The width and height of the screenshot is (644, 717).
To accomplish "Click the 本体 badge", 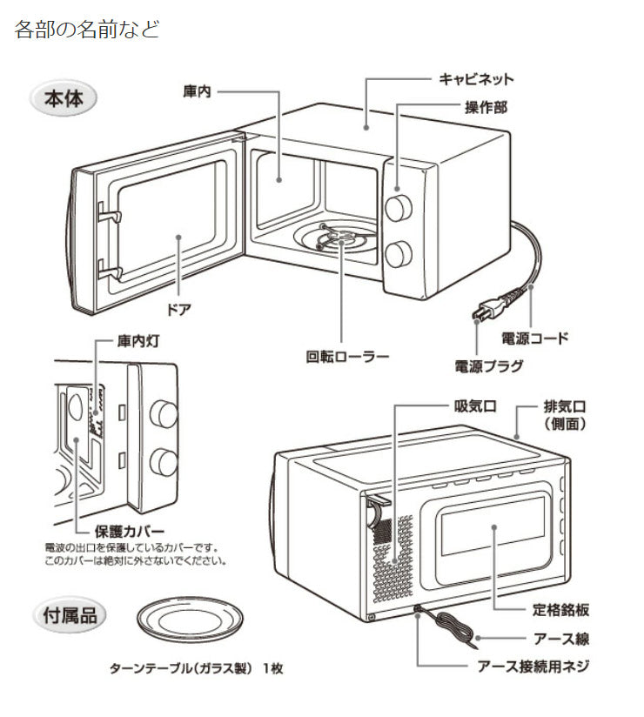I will [x=64, y=97].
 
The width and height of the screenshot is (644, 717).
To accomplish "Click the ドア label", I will [x=178, y=309].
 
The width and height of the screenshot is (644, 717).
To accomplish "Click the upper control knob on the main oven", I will [x=399, y=207].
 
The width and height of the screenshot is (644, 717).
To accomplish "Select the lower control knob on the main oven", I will [x=399, y=254].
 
